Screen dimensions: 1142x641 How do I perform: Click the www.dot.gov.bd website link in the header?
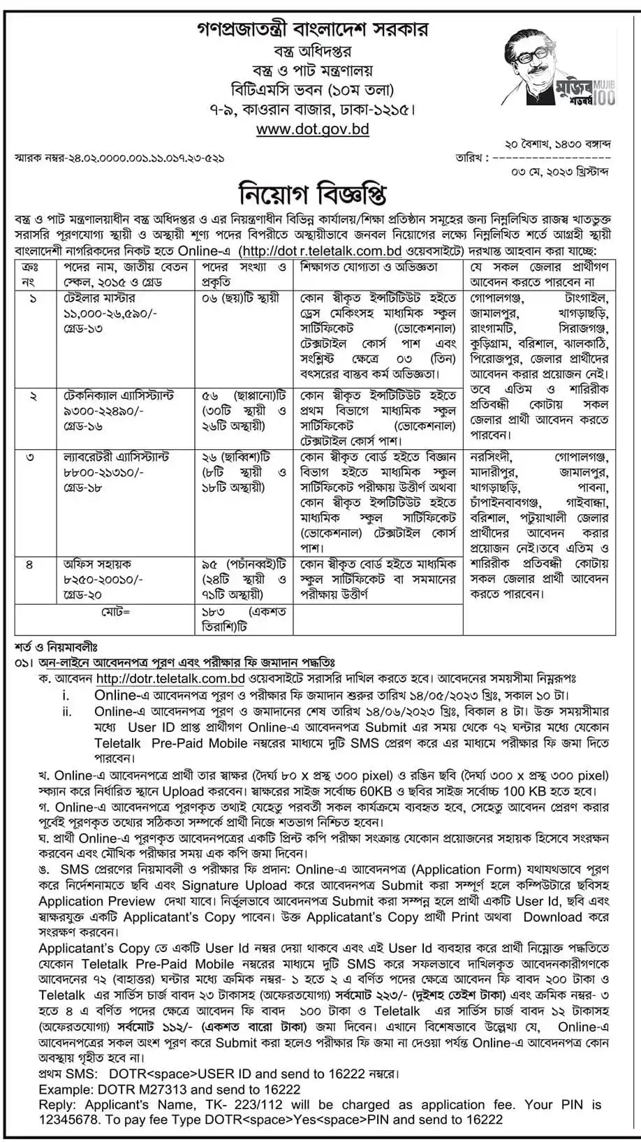pos(312,129)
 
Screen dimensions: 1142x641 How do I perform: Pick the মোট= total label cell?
pos(116,611)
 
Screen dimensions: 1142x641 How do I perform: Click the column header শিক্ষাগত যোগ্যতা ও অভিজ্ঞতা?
pos(369,268)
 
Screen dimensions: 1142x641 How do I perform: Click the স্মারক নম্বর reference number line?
pos(119,159)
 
